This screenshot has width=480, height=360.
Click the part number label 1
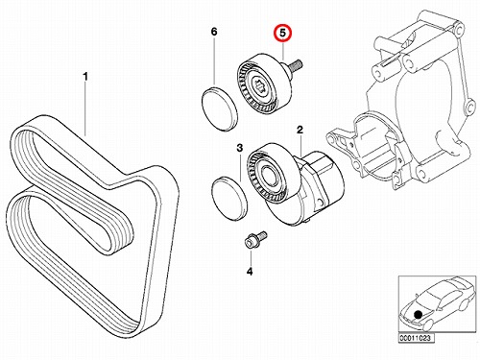point(85,77)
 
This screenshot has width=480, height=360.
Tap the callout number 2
point(300,130)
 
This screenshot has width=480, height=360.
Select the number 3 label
point(240,148)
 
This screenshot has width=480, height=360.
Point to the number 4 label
point(250,272)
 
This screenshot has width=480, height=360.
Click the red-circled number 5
point(283,34)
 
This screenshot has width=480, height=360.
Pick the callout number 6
point(214,32)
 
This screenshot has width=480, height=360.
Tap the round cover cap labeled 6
point(220,108)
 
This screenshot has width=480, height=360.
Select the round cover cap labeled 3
point(229,200)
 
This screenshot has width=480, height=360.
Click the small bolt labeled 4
point(255,239)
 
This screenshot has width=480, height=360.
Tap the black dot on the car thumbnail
point(418,315)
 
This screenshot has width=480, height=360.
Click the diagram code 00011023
point(415,338)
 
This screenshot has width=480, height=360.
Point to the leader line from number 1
point(85,109)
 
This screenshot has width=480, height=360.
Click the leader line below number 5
point(283,51)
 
